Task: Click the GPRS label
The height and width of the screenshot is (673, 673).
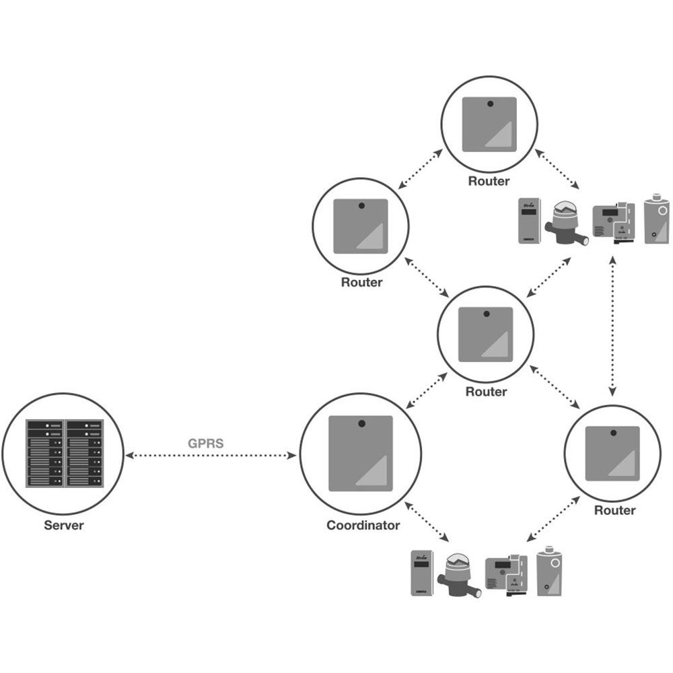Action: (205, 444)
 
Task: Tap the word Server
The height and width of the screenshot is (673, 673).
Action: (64, 525)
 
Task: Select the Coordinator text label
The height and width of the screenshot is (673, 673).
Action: (363, 525)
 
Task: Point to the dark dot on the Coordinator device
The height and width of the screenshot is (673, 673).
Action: (361, 423)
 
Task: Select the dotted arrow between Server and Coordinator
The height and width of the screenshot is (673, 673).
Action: (212, 456)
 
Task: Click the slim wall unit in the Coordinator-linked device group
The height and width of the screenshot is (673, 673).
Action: (422, 573)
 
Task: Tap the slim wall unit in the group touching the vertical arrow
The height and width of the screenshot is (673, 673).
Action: (528, 219)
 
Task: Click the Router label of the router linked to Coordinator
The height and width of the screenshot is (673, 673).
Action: (486, 392)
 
